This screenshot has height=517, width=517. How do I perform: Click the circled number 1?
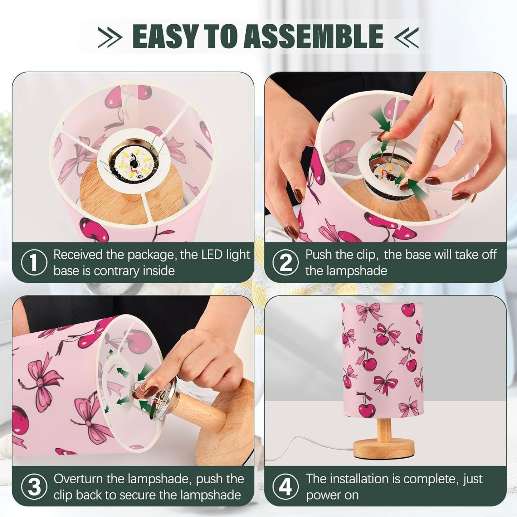(34, 262)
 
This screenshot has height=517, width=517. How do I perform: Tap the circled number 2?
(286, 262)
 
